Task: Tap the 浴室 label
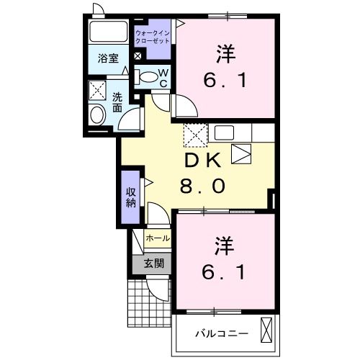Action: pos(109,59)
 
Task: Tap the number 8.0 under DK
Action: pos(202,186)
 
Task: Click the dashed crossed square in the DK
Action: pos(194,134)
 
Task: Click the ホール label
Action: pos(158,238)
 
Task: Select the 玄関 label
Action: pos(153,264)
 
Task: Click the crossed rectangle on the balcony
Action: pos(266,331)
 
